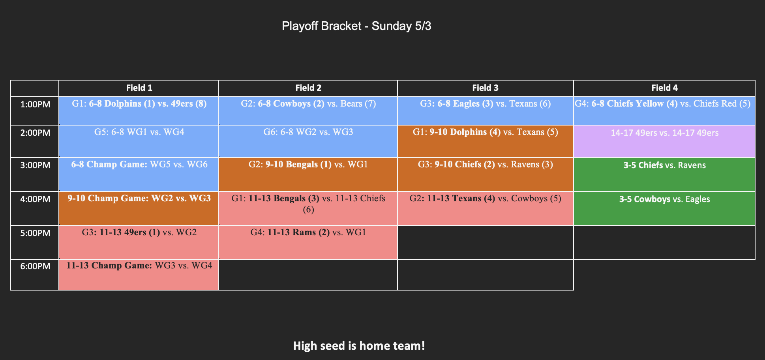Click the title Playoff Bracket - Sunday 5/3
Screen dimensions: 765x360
356,26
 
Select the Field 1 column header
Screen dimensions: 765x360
139,88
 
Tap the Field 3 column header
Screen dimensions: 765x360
485,88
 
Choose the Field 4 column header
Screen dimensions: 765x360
664,88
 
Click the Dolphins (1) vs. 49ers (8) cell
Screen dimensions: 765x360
139,111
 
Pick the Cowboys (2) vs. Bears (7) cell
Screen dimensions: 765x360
308,111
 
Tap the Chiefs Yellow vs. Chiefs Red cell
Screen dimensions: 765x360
664,111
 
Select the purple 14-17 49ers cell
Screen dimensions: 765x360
664,141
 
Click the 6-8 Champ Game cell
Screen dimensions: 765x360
139,174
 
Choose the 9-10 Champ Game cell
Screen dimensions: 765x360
139,208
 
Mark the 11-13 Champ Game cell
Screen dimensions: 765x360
139,275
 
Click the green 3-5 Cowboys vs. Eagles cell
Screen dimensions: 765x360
664,208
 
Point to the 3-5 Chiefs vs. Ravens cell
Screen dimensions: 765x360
664,174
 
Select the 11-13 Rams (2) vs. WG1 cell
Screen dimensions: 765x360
308,242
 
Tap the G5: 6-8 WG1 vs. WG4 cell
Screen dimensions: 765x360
139,141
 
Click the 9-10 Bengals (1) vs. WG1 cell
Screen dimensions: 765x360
308,174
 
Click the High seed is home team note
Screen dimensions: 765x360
359,346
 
